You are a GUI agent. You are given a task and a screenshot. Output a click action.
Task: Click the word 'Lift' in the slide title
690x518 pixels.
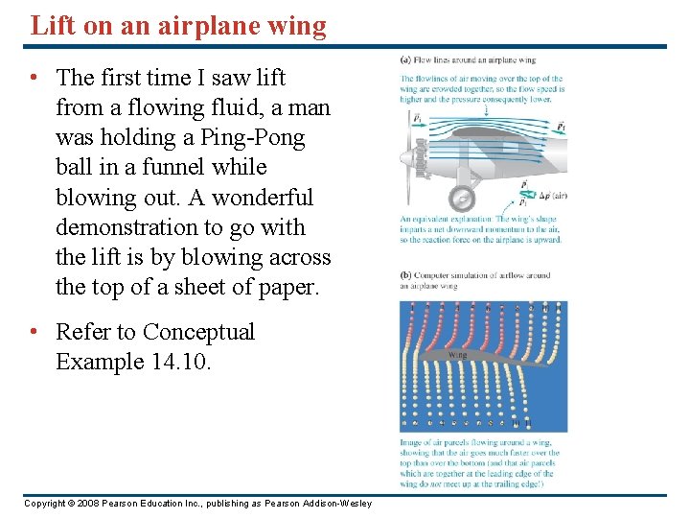pos(49,25)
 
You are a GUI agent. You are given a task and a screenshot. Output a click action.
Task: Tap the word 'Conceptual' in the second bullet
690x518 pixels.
pos(198,332)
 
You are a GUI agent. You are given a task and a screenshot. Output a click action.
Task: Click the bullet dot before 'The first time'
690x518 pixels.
pos(34,78)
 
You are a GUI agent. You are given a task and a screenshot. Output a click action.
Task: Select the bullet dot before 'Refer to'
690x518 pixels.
pos(34,333)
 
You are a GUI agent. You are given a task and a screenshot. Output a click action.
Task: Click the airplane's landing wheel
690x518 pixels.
pos(462,199)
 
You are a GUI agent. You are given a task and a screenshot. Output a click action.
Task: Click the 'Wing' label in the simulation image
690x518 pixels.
pos(459,355)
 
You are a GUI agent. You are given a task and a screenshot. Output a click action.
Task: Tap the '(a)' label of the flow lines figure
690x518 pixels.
pos(405,60)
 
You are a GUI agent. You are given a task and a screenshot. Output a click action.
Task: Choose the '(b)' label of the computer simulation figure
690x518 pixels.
pos(406,276)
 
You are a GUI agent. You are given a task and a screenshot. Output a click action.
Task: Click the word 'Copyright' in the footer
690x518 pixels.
pos(45,504)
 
